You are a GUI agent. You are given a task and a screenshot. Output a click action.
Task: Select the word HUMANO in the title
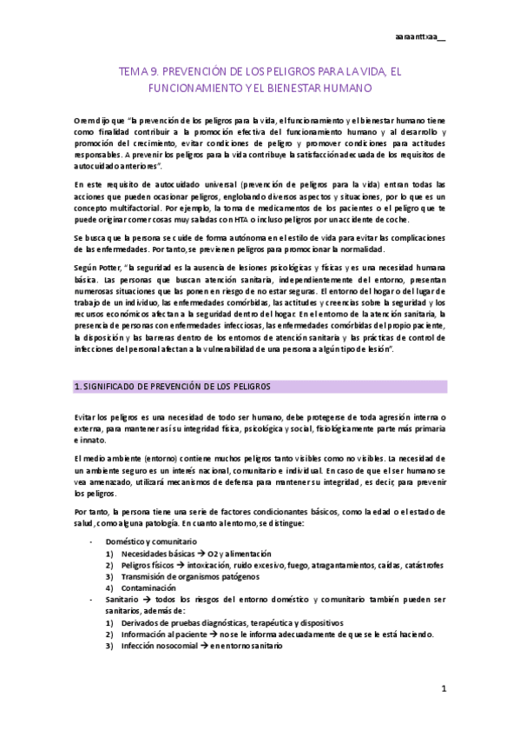click(x=346, y=89)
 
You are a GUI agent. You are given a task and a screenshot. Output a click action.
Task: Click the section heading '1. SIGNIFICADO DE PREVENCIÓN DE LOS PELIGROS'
click(x=174, y=386)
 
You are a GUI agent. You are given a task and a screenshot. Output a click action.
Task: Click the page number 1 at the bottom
click(x=443, y=689)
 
